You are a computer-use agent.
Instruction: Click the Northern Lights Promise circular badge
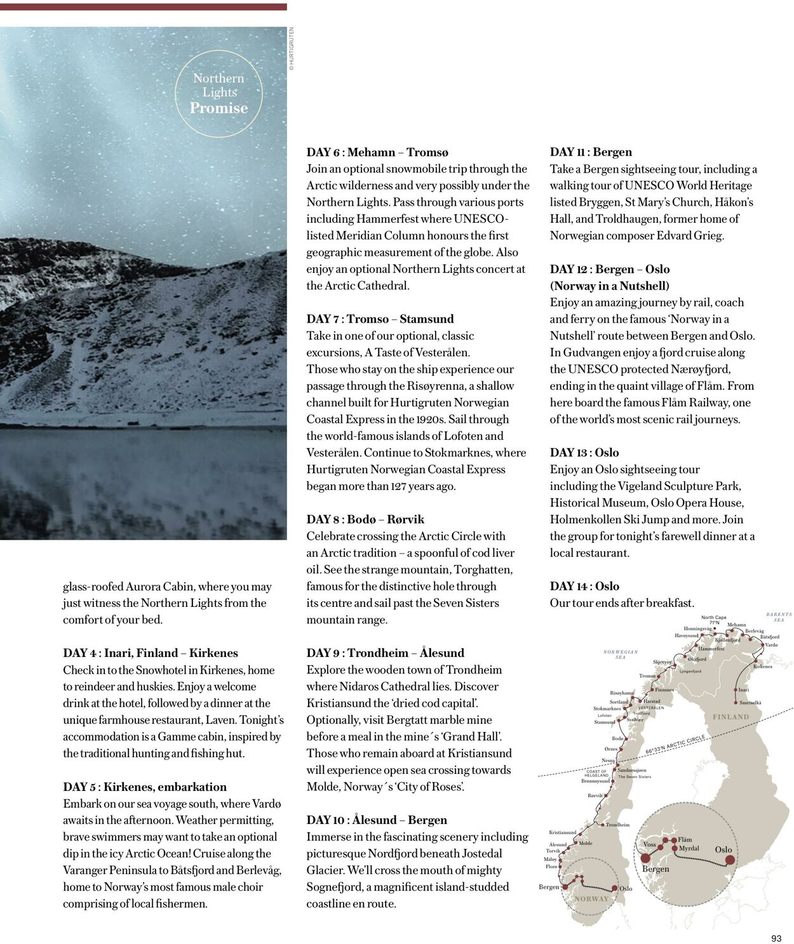pos(219,93)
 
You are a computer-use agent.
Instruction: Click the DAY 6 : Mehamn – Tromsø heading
pos(377,152)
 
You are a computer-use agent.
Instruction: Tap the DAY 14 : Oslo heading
pos(584,586)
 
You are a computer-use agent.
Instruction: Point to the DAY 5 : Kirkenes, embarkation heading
pos(144,787)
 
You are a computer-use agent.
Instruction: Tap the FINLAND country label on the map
pos(730,717)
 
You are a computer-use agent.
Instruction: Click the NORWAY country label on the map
pos(591,899)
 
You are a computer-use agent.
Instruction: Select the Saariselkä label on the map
pos(750,703)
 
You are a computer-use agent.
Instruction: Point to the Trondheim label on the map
pos(617,825)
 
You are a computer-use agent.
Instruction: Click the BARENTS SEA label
pos(779,617)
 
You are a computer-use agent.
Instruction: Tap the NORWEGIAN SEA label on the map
pos(621,655)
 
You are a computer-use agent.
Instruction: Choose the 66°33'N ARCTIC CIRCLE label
pos(675,745)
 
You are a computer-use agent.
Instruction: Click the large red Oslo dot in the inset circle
pos(730,860)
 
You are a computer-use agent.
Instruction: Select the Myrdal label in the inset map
pos(689,848)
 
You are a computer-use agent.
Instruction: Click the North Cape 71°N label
pos(714,620)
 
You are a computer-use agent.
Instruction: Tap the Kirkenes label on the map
pos(762,667)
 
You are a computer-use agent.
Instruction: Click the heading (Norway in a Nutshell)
pos(609,286)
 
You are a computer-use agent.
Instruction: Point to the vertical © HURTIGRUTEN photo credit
pos(292,48)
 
